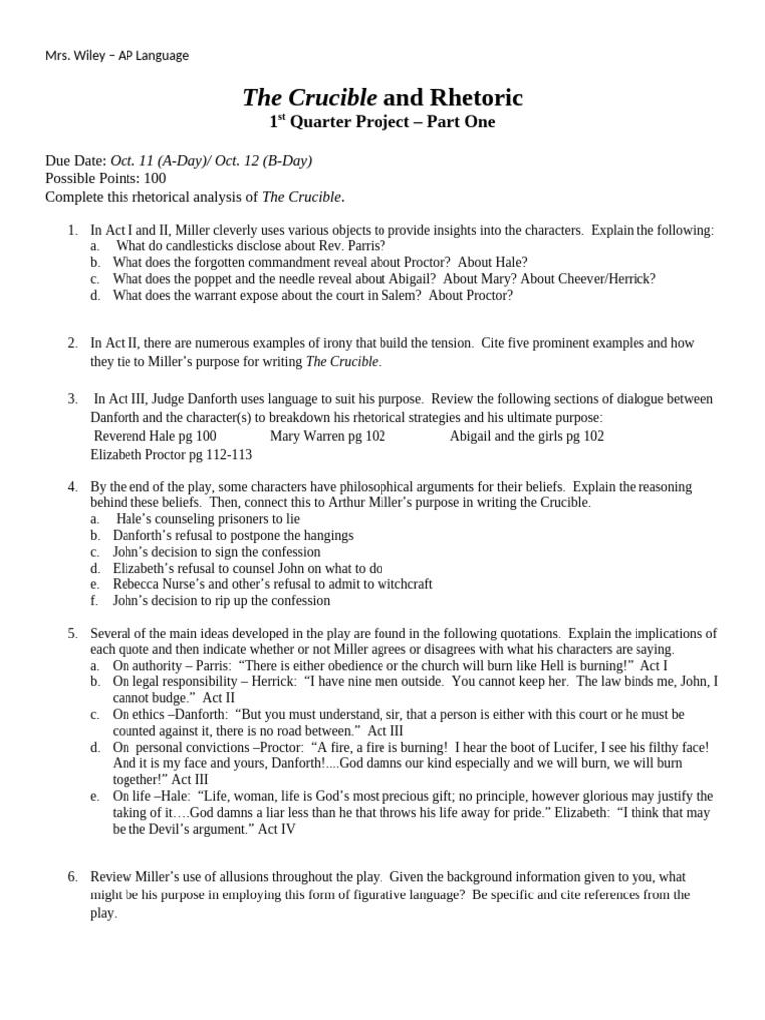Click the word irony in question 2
coord(330,343)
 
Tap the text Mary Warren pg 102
coord(328,436)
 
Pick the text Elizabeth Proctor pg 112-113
coord(170,455)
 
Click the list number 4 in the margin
coord(73,487)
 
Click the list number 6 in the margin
coord(73,877)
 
